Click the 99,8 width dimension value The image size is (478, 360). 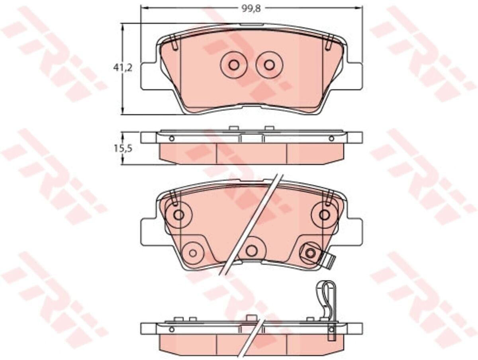tap(251, 9)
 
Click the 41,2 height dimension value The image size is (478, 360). tap(122, 68)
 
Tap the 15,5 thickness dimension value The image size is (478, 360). tap(123, 149)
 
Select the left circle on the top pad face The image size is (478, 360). tap(234, 65)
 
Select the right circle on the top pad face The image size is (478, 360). tap(269, 65)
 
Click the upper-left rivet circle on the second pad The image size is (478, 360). tap(179, 215)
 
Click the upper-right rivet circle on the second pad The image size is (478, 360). tap(324, 215)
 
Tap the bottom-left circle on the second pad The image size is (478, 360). tap(193, 253)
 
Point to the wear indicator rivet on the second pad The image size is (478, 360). tap(310, 253)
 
